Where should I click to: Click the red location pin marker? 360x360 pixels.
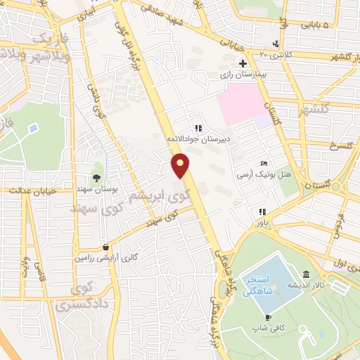pos(181,166)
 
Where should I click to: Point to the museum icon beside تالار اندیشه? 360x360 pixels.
pos(307,274)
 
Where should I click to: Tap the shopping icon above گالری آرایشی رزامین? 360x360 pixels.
pos(105,247)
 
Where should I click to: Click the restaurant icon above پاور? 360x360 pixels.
pos(262,212)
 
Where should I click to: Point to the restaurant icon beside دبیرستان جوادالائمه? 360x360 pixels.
pos(198,129)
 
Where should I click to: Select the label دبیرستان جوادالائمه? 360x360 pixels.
pos(191,139)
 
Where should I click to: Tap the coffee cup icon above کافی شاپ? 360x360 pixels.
pos(257,316)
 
